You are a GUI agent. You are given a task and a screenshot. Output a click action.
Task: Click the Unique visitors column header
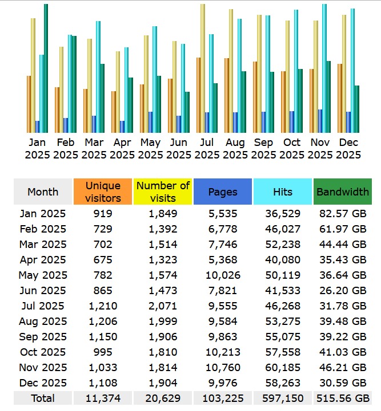[x=103, y=192]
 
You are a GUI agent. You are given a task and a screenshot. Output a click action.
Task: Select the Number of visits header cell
[x=163, y=192]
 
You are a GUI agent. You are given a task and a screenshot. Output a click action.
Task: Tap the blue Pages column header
[x=223, y=192]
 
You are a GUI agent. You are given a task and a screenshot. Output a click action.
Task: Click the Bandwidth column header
[x=343, y=192]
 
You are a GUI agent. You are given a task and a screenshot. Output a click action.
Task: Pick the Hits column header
[x=283, y=192]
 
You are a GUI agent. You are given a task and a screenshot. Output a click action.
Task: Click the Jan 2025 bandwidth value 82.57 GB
[x=343, y=214]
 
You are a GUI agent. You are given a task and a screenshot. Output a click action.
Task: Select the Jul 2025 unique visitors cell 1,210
[x=103, y=306]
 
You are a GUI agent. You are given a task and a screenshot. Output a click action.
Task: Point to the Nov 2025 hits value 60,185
[x=283, y=367]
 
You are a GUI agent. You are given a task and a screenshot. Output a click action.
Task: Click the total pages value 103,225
[x=223, y=398]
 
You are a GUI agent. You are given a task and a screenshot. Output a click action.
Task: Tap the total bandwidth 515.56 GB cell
[x=343, y=398]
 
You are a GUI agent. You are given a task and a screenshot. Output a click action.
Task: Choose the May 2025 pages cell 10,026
[x=223, y=275]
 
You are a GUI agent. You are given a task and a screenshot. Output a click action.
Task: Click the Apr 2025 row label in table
[x=43, y=260]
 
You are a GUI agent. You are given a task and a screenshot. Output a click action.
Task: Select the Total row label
[x=43, y=398]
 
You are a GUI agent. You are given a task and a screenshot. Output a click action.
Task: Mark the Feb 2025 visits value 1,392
[x=163, y=229]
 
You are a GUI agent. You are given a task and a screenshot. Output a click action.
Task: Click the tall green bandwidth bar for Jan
[x=46, y=68]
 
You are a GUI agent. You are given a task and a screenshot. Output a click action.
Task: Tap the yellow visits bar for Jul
[x=203, y=68]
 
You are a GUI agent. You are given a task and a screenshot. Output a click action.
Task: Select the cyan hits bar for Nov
[x=324, y=68]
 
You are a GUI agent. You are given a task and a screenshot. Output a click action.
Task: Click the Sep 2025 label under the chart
[x=263, y=148]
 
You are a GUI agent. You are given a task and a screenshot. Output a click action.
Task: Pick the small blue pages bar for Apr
[x=122, y=127]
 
